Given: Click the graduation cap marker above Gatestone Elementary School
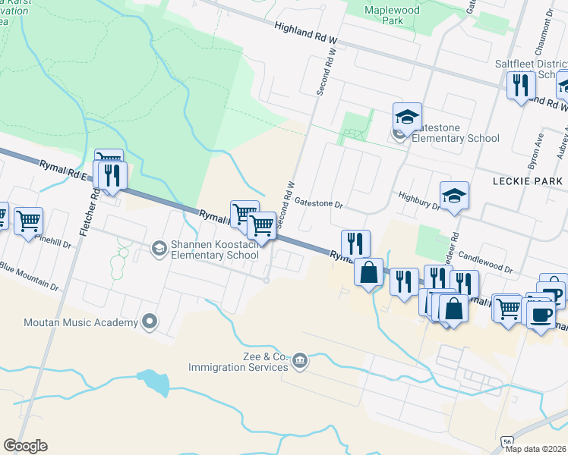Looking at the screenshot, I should pyautogui.click(x=408, y=117).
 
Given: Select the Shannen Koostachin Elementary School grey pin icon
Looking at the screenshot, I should pyautogui.click(x=159, y=247).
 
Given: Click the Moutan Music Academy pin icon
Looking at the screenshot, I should pyautogui.click(x=150, y=322).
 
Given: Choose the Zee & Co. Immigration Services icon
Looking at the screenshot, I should pyautogui.click(x=300, y=359).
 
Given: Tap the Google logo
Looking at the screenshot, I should pyautogui.click(x=26, y=446).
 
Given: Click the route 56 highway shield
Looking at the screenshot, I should pyautogui.click(x=507, y=441).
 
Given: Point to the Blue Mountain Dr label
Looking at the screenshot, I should pyautogui.click(x=30, y=277).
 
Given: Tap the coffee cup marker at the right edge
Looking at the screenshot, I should pyautogui.click(x=540, y=314).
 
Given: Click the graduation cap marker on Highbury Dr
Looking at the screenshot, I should pyautogui.click(x=454, y=196).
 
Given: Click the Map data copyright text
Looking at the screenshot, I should pyautogui.click(x=536, y=448).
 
